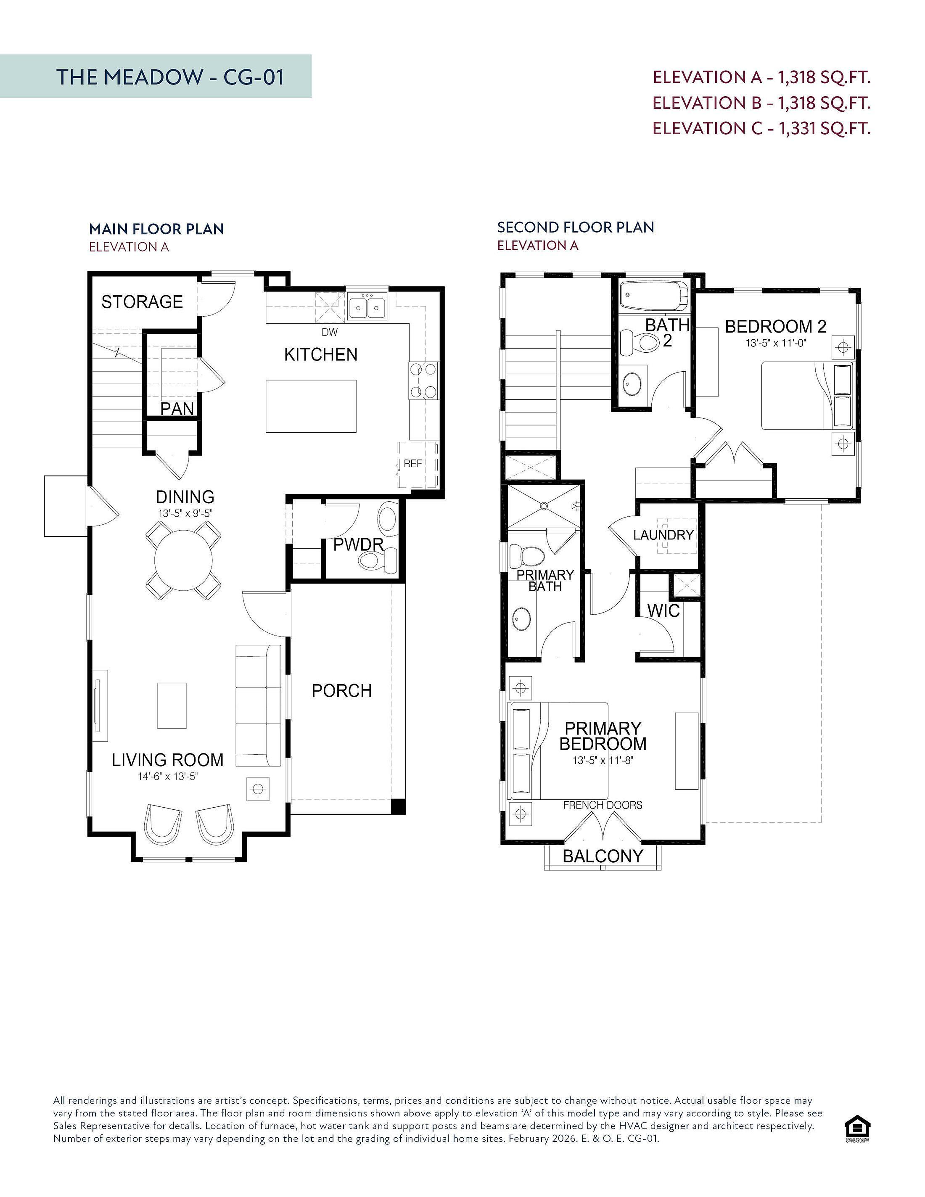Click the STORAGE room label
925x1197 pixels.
(x=142, y=301)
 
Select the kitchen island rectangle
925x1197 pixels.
(x=311, y=406)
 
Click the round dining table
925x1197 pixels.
(x=184, y=560)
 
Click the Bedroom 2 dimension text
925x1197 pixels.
(x=775, y=343)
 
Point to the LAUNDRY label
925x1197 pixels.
(x=663, y=535)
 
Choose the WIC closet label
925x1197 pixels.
(x=663, y=610)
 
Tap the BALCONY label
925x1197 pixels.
(x=603, y=856)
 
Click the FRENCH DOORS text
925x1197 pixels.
(x=603, y=805)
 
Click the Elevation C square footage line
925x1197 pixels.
(x=761, y=128)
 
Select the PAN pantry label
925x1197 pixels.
(x=177, y=409)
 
